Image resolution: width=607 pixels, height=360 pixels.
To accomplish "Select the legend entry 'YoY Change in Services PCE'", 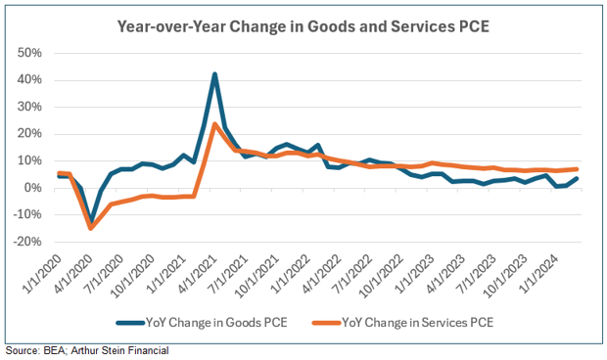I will (x=402, y=322).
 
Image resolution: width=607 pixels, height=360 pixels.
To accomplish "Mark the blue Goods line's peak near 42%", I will (x=214, y=74).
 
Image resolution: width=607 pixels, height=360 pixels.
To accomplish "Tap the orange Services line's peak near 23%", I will (x=214, y=124).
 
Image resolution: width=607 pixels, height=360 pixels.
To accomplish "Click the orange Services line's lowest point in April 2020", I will (x=91, y=228).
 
